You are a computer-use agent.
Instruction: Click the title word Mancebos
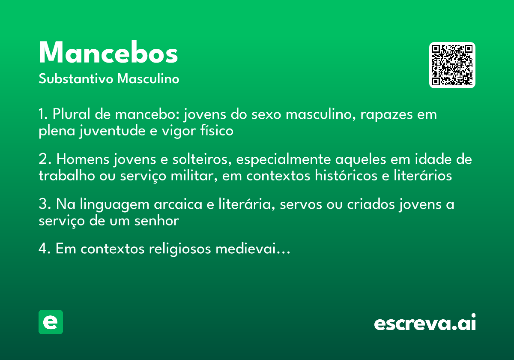point(108,53)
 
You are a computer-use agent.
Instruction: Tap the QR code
point(452,65)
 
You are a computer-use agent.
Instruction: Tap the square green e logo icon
point(51,322)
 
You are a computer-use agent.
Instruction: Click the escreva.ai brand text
point(425,323)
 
